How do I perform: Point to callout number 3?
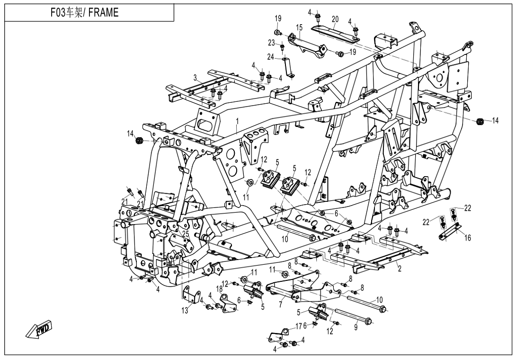point(195,77)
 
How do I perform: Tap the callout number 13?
point(185,310)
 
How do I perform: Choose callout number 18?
point(219,288)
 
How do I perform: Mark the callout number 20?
point(335,19)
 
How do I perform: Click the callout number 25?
point(186,234)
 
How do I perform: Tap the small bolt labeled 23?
point(283,48)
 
